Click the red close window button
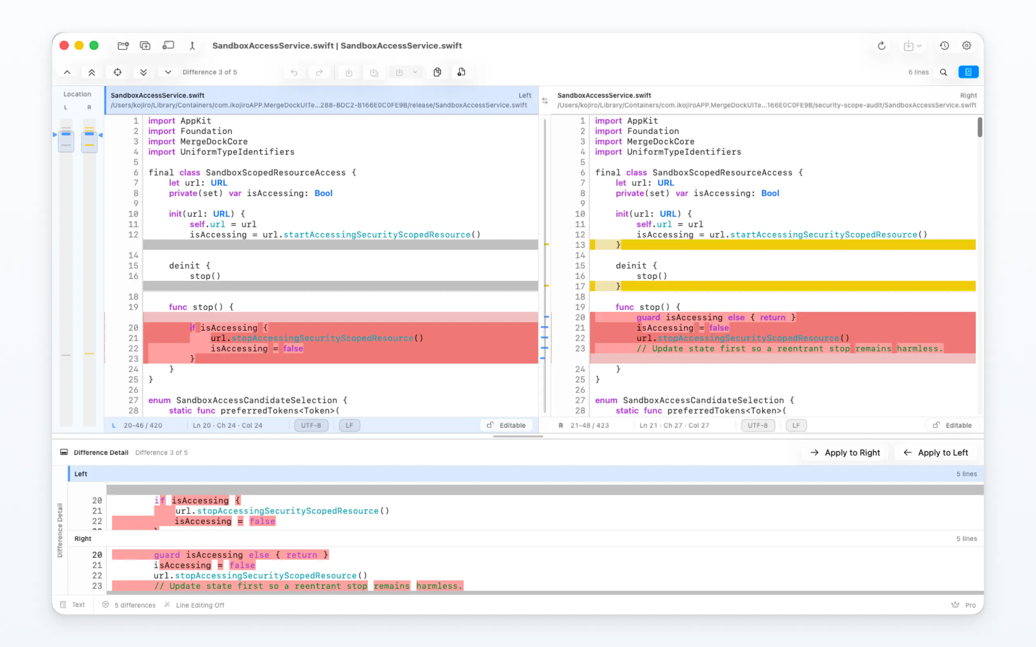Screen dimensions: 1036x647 [x=64, y=45]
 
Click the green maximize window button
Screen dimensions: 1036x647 [x=94, y=45]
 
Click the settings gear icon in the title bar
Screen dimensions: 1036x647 [x=966, y=45]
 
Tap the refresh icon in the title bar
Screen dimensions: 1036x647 [x=881, y=45]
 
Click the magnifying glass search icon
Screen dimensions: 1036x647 [x=943, y=72]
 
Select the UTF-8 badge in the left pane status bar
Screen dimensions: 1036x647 [x=311, y=425]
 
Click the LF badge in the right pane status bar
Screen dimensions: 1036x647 [x=796, y=425]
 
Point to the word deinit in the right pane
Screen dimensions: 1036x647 [x=632, y=265]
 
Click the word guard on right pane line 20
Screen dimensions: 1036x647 [x=648, y=317]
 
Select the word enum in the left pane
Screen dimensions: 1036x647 [x=159, y=400]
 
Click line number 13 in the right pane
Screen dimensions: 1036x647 [x=580, y=245]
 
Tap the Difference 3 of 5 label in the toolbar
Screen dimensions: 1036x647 [x=210, y=72]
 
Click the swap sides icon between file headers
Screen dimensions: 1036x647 [x=545, y=101]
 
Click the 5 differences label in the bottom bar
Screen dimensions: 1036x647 [x=135, y=605]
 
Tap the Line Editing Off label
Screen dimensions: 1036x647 [x=200, y=605]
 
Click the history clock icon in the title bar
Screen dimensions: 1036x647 [x=945, y=45]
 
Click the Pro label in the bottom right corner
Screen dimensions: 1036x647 [x=970, y=605]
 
